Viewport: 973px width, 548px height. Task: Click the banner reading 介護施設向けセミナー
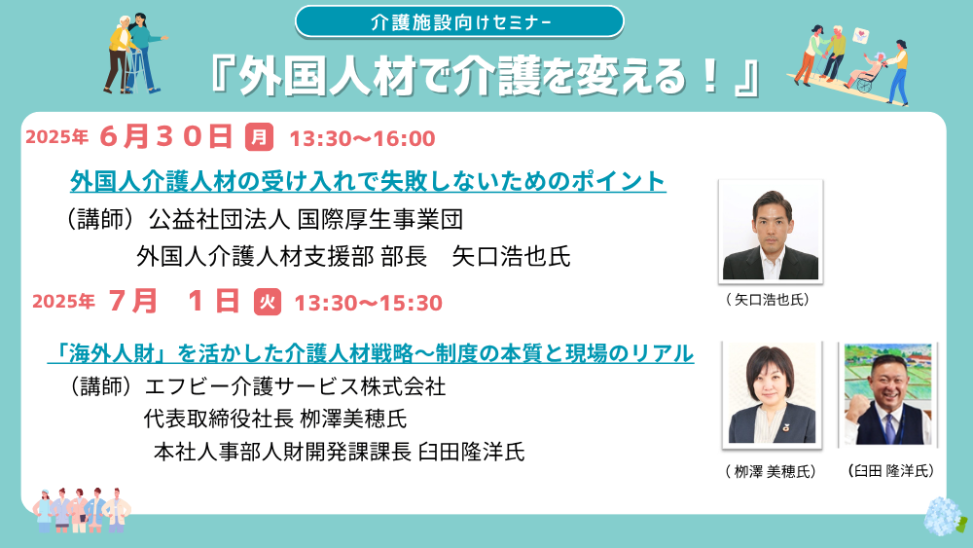point(459,22)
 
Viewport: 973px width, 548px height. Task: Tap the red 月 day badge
point(260,136)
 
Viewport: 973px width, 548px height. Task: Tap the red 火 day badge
point(268,302)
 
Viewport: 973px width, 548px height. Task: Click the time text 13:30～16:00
point(362,138)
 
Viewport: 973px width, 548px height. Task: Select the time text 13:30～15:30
point(368,303)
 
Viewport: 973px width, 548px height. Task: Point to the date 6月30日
point(165,136)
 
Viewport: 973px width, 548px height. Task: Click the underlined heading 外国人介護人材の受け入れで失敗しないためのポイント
point(368,181)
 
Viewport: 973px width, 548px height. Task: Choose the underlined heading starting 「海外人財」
point(371,353)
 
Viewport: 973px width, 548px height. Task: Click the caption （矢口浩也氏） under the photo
point(768,300)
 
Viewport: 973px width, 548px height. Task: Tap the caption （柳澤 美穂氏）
point(770,472)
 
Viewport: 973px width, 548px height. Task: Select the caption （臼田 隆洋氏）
point(890,471)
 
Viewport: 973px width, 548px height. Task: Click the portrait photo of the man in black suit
point(771,232)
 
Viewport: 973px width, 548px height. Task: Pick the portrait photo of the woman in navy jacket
point(772,395)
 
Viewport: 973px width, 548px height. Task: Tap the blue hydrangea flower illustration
point(945,516)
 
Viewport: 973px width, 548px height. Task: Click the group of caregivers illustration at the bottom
point(82,510)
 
